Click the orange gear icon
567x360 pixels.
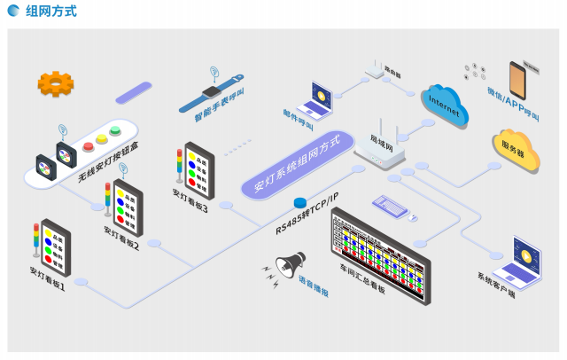tap(55, 84)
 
